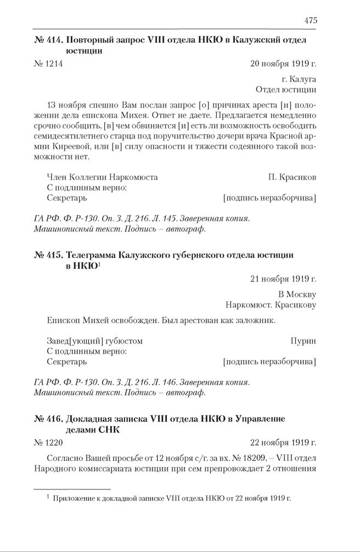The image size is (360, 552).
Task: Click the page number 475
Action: coord(310,20)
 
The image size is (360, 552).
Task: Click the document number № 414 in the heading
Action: coord(48,40)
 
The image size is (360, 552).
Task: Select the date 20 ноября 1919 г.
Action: coord(283,64)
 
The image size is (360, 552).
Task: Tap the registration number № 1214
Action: coord(48,64)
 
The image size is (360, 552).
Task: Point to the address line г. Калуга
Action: coord(299,80)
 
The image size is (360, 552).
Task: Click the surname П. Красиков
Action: coord(292,177)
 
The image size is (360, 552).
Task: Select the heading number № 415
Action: coord(48,255)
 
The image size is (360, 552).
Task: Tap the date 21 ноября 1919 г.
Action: coord(283,278)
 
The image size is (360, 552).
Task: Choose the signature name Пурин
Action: coord(303,341)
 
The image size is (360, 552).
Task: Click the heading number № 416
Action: coord(48,419)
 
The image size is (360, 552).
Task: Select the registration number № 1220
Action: coord(48,442)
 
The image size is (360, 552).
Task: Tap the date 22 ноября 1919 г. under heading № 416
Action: coord(283,442)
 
